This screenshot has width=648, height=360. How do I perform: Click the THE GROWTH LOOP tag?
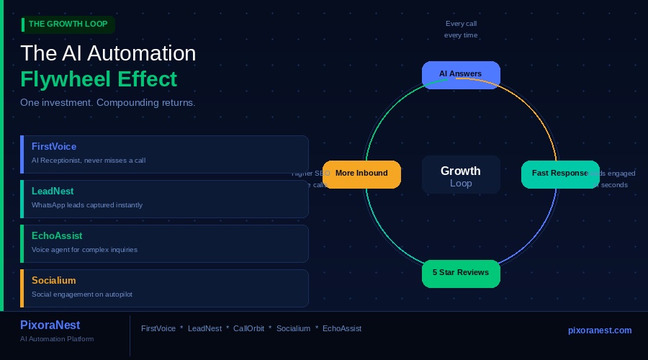[x=68, y=24]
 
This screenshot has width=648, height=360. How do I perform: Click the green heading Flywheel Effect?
[x=99, y=78]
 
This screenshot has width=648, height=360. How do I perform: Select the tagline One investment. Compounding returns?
[x=108, y=103]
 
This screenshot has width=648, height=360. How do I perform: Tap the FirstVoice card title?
[x=54, y=146]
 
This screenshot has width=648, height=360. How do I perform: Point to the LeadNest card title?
[x=53, y=191]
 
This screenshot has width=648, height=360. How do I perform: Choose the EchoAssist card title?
[x=57, y=235]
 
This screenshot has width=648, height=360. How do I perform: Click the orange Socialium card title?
[x=54, y=280]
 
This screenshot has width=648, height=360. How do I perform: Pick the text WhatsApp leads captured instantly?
[x=87, y=205]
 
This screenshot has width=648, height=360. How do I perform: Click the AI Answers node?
[x=461, y=74]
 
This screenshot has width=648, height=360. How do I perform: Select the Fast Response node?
[x=560, y=174]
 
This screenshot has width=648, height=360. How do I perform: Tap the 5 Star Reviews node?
[x=461, y=273]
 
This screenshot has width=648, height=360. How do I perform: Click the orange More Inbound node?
[x=361, y=174]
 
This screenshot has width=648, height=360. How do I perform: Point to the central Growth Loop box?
[x=461, y=176]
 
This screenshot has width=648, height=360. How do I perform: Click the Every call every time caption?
[x=461, y=29]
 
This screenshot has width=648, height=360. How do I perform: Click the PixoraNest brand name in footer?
[x=50, y=325]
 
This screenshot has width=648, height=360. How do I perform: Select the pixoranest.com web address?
[x=600, y=330]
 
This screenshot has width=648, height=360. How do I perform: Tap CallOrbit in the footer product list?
[x=248, y=328]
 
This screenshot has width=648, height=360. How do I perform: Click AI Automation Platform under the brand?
[x=57, y=339]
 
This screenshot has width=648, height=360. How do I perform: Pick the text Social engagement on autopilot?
[x=82, y=294]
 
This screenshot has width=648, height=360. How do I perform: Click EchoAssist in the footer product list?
[x=342, y=328]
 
